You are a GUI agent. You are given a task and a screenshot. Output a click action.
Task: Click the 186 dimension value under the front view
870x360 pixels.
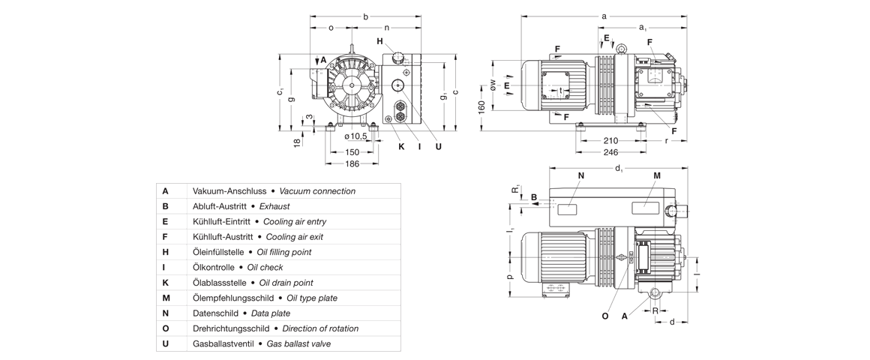pos(352,163)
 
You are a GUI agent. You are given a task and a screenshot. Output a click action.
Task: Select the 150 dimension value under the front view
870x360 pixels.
pos(352,152)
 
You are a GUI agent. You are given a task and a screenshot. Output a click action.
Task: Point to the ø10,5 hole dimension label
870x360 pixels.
pos(355,136)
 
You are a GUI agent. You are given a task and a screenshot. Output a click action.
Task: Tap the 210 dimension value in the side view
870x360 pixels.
pos(610,141)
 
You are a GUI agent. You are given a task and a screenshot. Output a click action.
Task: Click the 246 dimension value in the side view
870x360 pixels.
pos(610,152)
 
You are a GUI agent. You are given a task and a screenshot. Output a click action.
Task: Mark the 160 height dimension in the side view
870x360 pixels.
pos(481,106)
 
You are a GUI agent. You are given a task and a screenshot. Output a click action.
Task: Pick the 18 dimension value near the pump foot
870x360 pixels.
pos(297,142)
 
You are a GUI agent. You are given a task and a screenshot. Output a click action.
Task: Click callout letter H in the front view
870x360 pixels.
pos(380,41)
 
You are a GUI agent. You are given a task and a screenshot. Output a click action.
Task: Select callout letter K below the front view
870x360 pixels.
pos(401,146)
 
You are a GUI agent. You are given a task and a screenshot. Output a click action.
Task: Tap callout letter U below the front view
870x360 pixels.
pos(439,146)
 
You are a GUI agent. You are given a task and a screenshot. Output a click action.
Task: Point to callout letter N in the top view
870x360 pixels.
pos(581,175)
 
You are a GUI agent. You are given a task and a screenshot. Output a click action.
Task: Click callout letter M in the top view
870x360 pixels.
pos(657,175)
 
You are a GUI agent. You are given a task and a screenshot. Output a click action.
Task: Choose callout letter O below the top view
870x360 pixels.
pos(605,316)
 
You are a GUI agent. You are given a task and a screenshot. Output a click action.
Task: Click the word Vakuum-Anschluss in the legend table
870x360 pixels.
pos(225,191)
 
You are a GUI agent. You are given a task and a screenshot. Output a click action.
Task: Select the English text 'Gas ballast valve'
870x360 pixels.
pos(298,344)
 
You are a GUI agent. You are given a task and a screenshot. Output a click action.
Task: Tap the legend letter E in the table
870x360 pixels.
pos(165,222)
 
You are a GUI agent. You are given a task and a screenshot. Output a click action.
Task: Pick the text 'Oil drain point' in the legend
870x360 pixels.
pos(286,283)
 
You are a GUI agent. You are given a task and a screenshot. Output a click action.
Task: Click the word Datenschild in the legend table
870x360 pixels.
pos(214,313)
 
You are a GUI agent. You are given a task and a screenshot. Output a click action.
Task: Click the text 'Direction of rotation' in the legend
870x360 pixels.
pos(317,328)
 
